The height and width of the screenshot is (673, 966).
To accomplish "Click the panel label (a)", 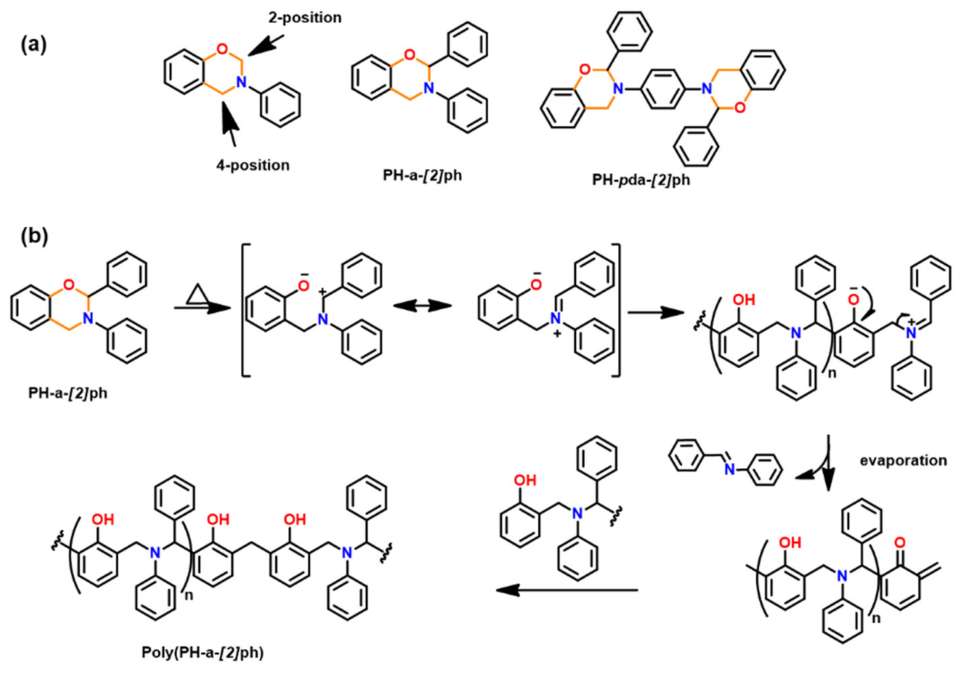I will tap(33, 45).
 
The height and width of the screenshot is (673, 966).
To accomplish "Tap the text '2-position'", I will tap(305, 18).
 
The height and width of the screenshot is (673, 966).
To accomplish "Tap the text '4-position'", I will tap(253, 165).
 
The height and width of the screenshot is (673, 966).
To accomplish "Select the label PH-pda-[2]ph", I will tap(641, 180).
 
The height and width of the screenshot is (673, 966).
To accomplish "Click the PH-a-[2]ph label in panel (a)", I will tap(422, 175).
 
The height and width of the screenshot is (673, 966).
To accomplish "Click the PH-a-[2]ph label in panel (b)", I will tap(68, 393).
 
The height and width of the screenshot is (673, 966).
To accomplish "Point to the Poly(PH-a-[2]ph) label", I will tap(203, 653).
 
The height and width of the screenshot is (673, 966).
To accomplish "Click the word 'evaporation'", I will tap(903, 460).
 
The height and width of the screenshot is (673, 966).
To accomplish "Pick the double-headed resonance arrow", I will tap(422, 306).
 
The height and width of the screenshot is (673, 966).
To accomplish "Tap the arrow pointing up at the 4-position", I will tap(228, 121).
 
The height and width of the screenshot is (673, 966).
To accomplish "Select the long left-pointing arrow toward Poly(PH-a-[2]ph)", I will tap(567, 590).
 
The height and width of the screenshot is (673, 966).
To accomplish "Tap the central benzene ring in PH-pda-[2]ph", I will tap(663, 89).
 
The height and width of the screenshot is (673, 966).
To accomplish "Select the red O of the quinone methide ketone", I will tap(900, 542).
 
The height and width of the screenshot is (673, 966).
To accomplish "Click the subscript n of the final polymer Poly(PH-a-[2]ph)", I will tap(189, 595).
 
